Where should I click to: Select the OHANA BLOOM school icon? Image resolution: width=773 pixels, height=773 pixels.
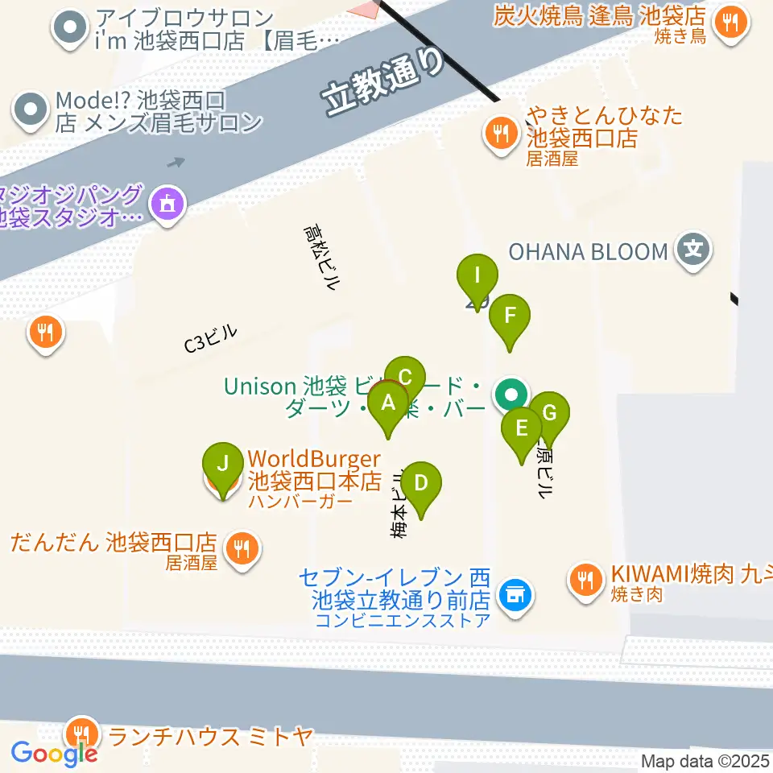tap(693, 250)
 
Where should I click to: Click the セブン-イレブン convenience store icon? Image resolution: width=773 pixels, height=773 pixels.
tap(512, 597)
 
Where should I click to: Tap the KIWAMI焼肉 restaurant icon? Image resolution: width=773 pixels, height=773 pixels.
tap(584, 577)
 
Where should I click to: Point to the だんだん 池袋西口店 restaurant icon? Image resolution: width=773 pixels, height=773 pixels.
tap(240, 550)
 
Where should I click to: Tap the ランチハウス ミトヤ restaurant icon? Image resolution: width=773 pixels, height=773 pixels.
tap(81, 733)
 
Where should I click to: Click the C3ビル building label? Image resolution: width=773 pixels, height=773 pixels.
tap(211, 338)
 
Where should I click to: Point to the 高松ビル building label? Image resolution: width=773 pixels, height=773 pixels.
tap(321, 257)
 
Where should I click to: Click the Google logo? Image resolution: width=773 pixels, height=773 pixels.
tap(55, 754)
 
